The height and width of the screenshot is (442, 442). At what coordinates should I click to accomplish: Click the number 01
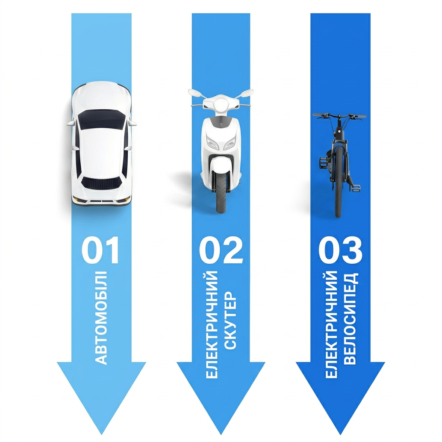(101, 251)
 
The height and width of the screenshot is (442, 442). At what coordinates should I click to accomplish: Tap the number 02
(221, 251)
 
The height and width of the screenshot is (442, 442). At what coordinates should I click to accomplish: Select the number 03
(340, 251)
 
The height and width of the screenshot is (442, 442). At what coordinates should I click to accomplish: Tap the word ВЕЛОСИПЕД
(350, 318)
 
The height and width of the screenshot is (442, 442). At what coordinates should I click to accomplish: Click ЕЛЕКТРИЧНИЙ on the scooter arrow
(212, 324)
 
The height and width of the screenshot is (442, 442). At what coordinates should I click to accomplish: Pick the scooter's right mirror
(248, 92)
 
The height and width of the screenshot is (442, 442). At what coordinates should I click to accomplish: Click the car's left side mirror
(70, 124)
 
